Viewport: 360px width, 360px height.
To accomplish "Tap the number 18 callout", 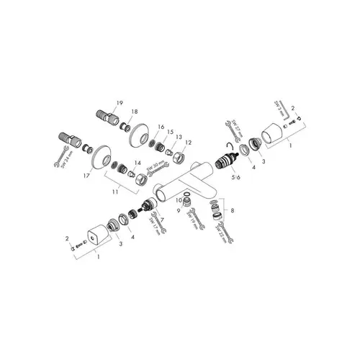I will coord(133,113).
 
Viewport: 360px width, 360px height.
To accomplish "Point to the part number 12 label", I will coord(189,143).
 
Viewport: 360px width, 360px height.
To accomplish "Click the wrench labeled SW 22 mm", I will coord(224,230).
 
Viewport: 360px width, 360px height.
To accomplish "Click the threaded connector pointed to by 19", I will coord(105,114).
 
